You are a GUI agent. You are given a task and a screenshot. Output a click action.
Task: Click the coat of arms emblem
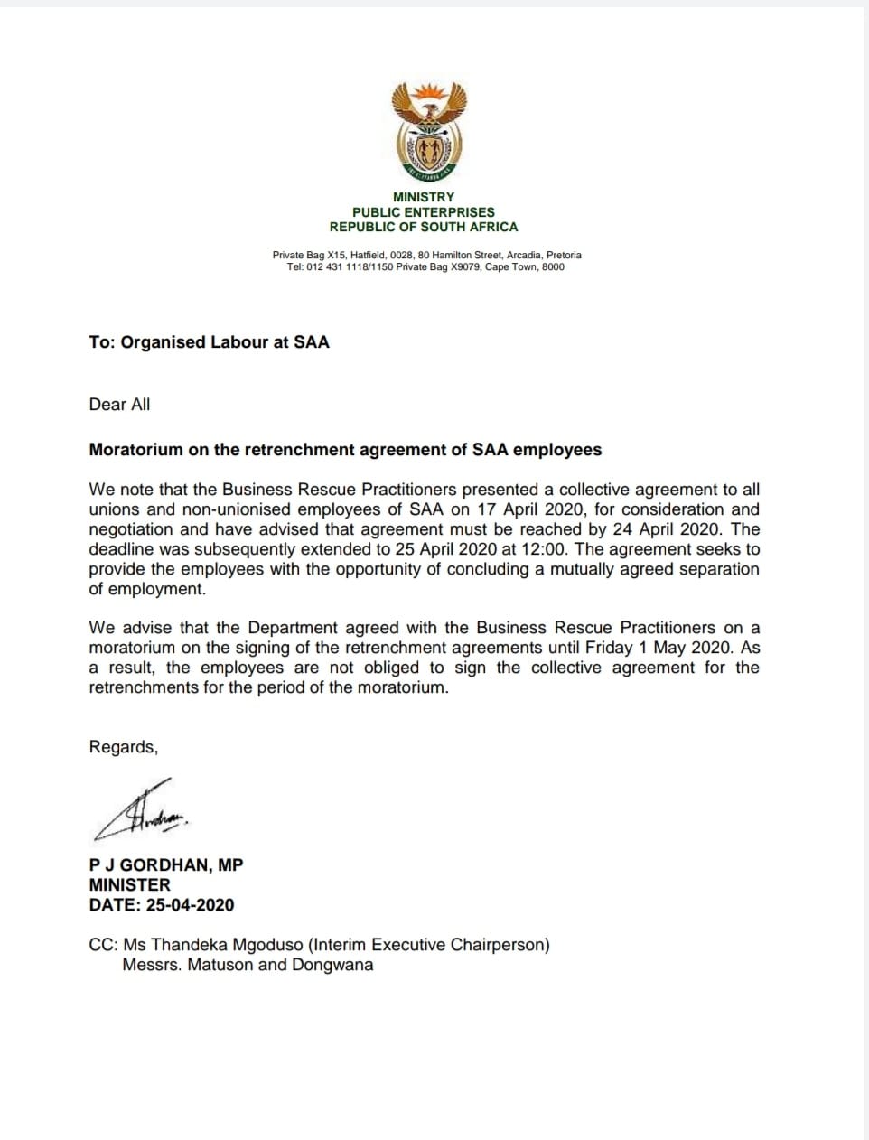428,129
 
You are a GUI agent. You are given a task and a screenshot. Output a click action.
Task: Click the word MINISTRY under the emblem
424,197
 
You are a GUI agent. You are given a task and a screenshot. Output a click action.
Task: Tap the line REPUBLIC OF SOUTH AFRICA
424,227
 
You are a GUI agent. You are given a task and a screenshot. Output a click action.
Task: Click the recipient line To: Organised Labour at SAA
209,342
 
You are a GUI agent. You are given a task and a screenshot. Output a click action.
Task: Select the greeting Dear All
119,405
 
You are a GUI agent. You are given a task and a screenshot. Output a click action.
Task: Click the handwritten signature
142,808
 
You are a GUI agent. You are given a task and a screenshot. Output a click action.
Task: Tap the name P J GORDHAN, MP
166,865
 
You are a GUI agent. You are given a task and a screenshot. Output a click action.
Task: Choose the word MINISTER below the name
129,885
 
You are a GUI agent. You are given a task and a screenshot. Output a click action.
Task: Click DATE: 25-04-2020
162,905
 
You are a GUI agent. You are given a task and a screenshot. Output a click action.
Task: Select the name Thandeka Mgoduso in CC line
227,945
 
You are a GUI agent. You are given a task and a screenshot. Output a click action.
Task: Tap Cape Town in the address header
511,267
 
